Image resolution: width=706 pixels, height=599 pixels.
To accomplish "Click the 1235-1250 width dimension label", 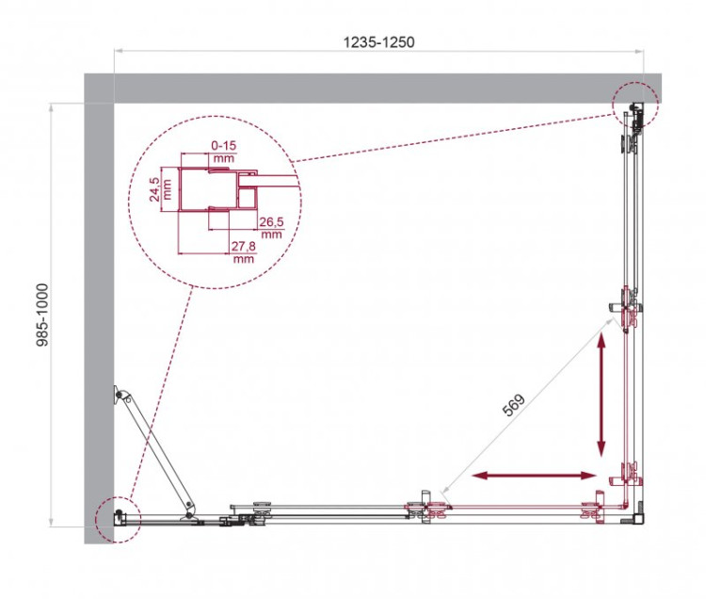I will coord(378,42).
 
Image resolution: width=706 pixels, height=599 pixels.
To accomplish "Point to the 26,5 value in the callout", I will coord(270,222).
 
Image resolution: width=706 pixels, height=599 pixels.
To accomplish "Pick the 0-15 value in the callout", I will coord(224,145).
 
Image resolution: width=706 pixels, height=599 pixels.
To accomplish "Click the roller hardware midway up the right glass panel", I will coord(629,307).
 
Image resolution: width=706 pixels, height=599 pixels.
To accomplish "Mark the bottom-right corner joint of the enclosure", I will coord(637,516).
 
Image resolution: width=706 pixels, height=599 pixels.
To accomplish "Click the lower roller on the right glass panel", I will coord(628,471).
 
